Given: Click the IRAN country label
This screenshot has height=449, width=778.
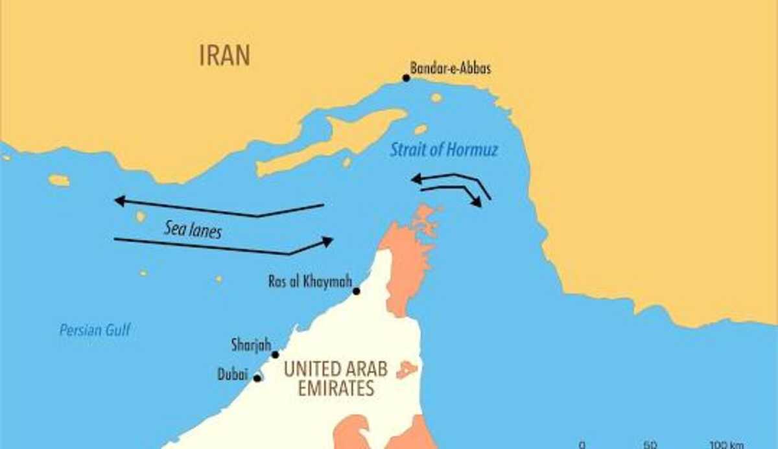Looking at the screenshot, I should tap(224, 55).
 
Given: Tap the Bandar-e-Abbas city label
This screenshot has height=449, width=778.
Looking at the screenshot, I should tap(450, 68).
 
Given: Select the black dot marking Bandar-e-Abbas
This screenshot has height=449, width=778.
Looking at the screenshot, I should tap(406, 78).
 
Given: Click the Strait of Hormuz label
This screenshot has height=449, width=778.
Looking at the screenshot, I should tap(443, 150).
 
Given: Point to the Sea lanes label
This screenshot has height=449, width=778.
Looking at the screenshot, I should tap(192, 229).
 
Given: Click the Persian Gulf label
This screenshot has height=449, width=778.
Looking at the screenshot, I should tap(95, 330).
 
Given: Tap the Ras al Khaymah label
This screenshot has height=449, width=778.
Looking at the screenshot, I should tap(310, 282).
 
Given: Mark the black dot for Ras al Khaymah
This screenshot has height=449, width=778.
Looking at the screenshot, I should tap(356, 291).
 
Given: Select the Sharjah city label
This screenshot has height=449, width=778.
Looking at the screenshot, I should tap(250, 345).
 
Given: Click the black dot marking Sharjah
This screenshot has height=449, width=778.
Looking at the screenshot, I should tap(275, 354).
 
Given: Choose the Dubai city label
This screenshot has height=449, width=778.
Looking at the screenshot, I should tap(233, 374).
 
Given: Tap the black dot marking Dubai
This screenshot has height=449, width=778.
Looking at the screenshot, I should tap(257, 378).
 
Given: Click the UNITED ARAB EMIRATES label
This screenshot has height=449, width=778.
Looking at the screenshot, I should tap(335, 378).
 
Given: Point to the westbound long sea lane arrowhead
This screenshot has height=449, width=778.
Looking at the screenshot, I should tap(119, 201).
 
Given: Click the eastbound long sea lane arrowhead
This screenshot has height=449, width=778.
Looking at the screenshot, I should tap(327, 242).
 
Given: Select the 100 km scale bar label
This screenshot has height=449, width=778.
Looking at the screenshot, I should tap(725, 444).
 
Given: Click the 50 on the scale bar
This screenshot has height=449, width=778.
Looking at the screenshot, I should tap(651, 444).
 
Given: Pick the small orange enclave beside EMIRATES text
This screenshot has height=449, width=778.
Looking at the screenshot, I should tap(407, 370).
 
